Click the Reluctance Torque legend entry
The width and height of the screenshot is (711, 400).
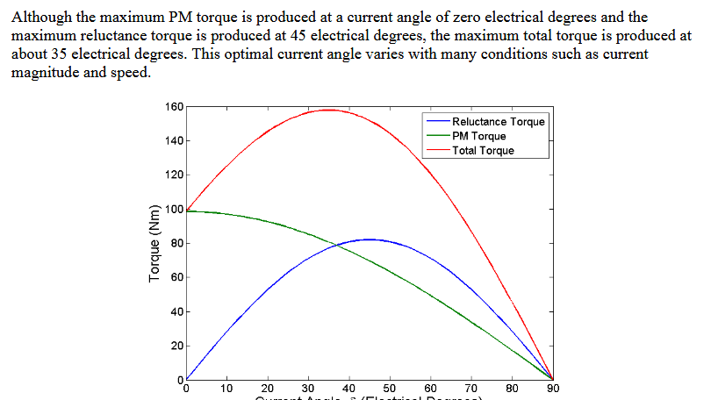(498, 122)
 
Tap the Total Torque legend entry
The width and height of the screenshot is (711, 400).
(483, 150)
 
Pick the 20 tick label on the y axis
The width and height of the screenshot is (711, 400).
(176, 346)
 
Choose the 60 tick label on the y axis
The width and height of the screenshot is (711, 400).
(176, 278)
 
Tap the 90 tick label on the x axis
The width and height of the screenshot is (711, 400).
(552, 388)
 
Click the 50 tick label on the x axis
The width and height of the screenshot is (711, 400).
(390, 388)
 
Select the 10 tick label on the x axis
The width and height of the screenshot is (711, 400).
(226, 388)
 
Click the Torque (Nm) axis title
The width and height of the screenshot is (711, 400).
(155, 243)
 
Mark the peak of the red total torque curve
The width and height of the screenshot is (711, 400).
(328, 110)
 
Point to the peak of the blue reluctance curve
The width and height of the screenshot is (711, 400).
(369, 239)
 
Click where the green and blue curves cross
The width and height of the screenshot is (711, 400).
(337, 245)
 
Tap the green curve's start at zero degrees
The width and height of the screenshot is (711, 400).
(186, 211)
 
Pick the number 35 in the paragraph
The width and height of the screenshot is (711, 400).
(53, 54)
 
